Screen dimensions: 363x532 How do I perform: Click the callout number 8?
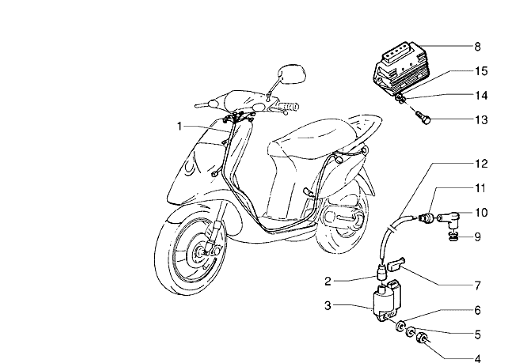477,46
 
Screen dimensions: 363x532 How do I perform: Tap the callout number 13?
481,120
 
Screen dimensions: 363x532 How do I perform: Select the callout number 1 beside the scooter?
180,126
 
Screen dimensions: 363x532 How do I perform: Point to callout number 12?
481,164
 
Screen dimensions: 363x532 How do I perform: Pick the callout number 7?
477,286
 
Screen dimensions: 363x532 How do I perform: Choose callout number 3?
328,306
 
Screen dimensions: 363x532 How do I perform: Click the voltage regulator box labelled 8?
402,68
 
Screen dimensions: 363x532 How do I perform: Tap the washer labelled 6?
401,326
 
